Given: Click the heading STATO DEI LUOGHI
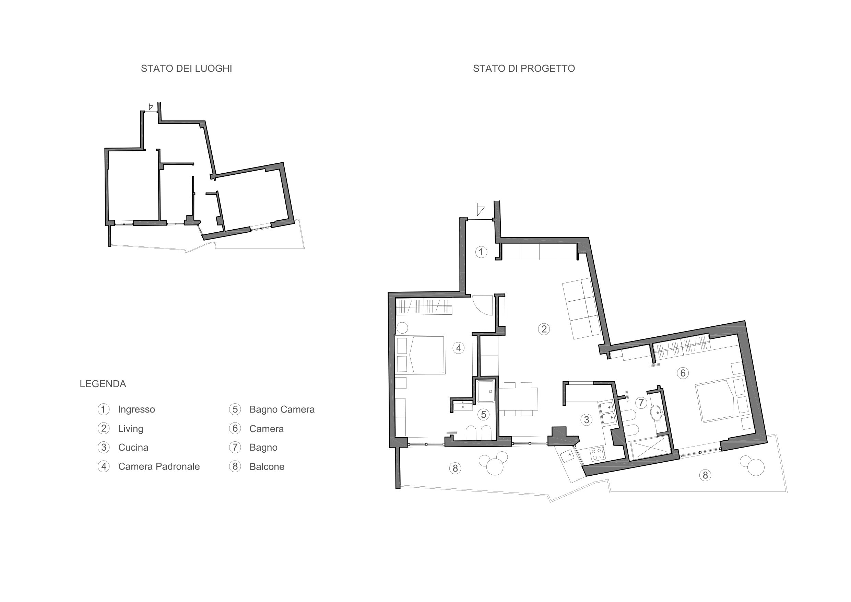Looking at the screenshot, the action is coord(187,69).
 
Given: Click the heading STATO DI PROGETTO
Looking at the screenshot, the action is coord(524,69).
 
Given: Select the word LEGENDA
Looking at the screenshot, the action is coord(103,384).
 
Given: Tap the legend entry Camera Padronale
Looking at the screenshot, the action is coord(159,467).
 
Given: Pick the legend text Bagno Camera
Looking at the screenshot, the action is coord(282,409).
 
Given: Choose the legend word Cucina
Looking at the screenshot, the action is coord(133,448).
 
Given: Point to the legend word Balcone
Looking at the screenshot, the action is coord(267,467).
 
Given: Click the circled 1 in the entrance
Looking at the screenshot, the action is coord(481,252).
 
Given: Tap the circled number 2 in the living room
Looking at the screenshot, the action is coord(544,329).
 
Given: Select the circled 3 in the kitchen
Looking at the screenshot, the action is coord(586,420).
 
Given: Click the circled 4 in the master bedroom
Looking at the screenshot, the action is coord(459,348).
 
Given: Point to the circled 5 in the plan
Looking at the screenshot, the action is coord(483,415).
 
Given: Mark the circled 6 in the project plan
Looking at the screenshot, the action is coord(683,373).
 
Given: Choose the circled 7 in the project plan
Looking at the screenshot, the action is coord(641,403).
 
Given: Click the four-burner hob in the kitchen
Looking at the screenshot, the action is coord(597,454).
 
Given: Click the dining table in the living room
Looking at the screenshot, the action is coord(519,399).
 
